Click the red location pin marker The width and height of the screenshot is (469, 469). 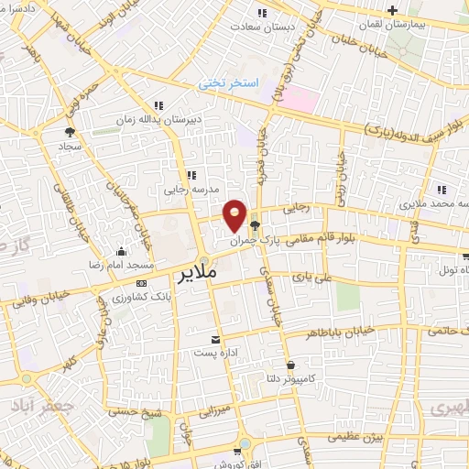(x=234, y=213)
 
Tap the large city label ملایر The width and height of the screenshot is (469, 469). (x=196, y=274)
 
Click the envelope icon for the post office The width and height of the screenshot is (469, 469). (x=216, y=339)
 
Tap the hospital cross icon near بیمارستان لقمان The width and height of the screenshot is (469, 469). (x=393, y=11)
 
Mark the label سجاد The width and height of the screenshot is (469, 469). (x=71, y=146)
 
